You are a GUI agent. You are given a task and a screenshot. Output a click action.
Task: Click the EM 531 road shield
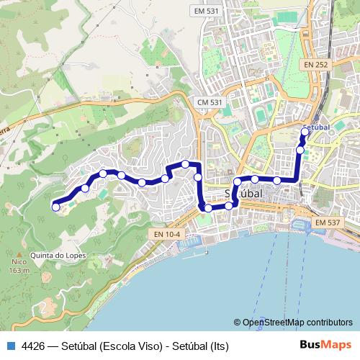(x=207, y=11)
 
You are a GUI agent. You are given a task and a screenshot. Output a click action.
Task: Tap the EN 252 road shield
(x=315, y=65)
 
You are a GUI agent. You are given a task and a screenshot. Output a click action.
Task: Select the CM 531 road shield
(x=210, y=103)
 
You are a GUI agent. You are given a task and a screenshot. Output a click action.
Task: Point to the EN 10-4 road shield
(x=167, y=234)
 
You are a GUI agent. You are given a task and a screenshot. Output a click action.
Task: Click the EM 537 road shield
(x=327, y=223)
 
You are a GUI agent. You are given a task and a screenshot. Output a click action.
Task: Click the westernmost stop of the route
(x=55, y=207)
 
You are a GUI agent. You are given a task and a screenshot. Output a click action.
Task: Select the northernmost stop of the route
(x=305, y=132)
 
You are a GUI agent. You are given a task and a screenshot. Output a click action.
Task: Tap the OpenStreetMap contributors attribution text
(x=297, y=323)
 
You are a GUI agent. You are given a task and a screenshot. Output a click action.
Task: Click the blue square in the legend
(x=9, y=346)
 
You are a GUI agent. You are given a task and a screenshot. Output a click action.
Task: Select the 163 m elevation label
(x=19, y=271)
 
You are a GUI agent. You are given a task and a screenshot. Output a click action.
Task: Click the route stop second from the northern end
(x=300, y=150)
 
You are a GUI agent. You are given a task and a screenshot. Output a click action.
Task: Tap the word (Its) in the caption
(x=217, y=346)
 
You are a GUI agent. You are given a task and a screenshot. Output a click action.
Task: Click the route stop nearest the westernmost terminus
(x=85, y=189)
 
